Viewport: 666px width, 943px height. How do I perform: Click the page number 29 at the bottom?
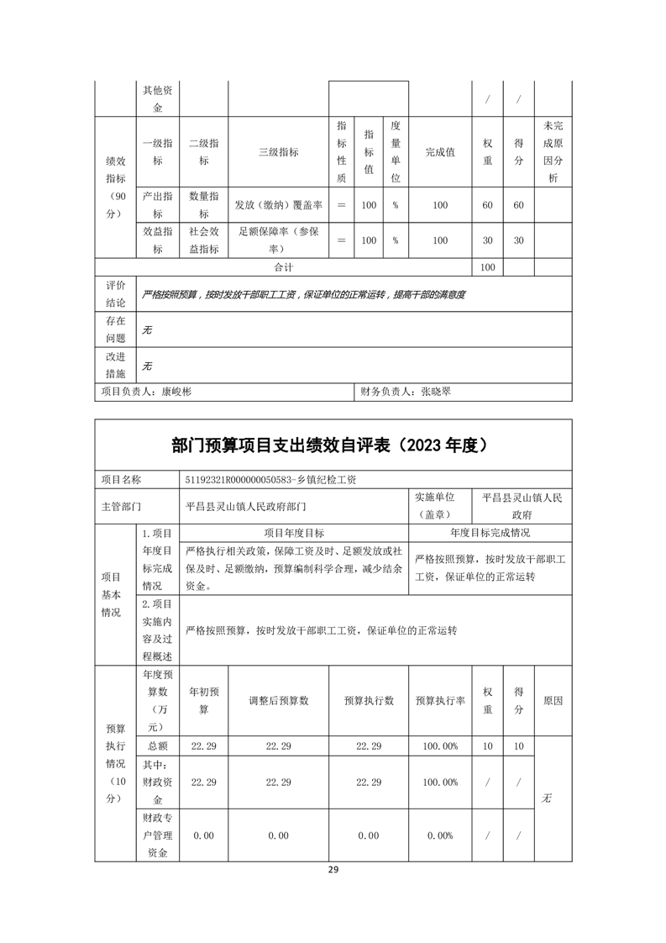pyautogui.click(x=333, y=870)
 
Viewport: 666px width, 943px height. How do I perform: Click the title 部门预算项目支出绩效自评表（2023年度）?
pyautogui.click(x=333, y=445)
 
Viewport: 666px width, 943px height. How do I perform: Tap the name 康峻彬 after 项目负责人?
pyautogui.click(x=176, y=392)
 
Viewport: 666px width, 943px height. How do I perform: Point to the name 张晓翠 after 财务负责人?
pyautogui.click(x=436, y=392)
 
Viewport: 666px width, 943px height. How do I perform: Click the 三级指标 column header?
pyautogui.click(x=278, y=152)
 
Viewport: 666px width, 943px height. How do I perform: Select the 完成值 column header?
pyautogui.click(x=440, y=152)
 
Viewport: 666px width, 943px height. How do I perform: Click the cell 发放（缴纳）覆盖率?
pyautogui.click(x=278, y=205)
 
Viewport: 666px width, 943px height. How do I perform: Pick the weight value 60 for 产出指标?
pyautogui.click(x=487, y=205)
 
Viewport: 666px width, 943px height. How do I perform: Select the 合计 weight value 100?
pyautogui.click(x=487, y=267)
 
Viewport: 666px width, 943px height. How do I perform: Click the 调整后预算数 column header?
pyautogui.click(x=278, y=701)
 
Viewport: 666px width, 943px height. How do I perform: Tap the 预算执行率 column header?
pyautogui.click(x=440, y=701)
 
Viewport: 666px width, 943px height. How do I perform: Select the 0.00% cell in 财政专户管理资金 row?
pyautogui.click(x=440, y=835)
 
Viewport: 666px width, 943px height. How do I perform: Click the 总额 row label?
pyautogui.click(x=157, y=746)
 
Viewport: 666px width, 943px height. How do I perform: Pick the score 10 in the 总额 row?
pyautogui.click(x=518, y=746)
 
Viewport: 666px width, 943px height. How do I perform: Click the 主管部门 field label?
pyautogui.click(x=121, y=507)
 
